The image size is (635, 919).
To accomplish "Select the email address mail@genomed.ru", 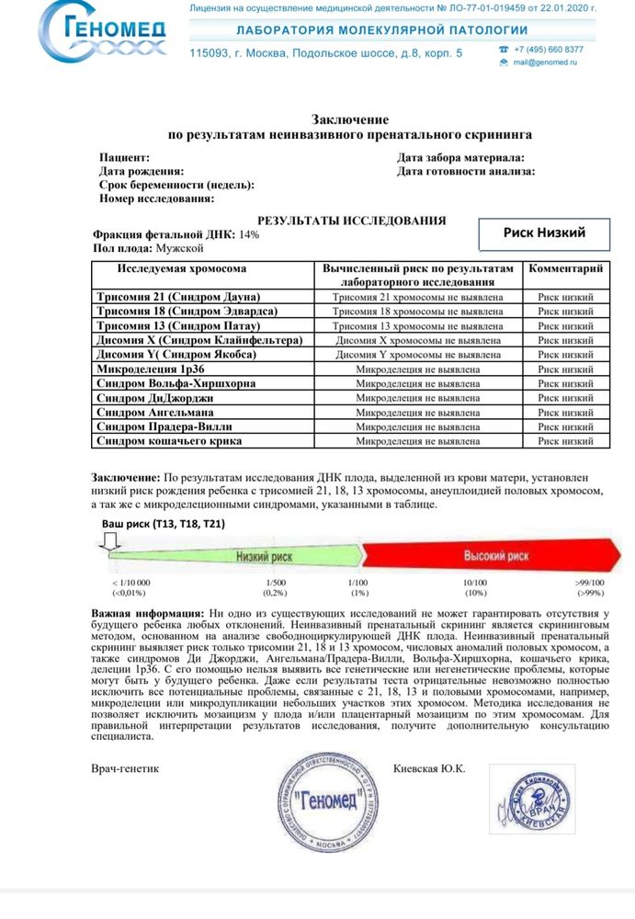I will [x=546, y=62].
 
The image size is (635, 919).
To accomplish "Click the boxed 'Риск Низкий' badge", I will [x=544, y=233].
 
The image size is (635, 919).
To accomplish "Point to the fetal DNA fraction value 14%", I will [x=249, y=235].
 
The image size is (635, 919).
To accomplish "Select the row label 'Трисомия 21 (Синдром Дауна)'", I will [x=178, y=297].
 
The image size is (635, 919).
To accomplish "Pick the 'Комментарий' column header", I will [x=565, y=269].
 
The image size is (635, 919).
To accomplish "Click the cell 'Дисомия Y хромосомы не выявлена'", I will [x=418, y=355].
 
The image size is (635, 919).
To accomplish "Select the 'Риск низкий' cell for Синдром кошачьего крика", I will [x=565, y=441].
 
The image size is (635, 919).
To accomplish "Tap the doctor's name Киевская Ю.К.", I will [x=429, y=768].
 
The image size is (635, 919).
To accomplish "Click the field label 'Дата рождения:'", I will [x=142, y=172].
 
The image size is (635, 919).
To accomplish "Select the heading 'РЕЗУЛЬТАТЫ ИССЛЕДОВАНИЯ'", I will [x=351, y=221].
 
